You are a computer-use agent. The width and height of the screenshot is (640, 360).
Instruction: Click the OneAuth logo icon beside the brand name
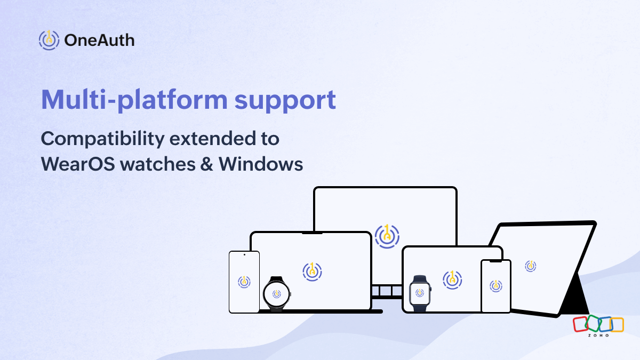49,40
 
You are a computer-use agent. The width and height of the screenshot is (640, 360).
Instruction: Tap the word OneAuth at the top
99,40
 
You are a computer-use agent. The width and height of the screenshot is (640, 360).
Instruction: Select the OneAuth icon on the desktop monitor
387,236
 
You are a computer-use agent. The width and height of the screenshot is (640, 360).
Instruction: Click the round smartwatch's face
277,293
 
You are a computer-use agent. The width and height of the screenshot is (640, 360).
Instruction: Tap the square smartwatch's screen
420,293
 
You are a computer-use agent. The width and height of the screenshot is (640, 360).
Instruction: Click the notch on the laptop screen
311,233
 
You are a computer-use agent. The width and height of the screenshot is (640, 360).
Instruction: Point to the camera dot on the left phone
244,255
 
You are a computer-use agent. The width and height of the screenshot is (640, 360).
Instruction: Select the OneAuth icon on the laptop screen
312,271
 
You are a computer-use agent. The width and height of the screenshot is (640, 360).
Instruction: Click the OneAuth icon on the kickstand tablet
530,266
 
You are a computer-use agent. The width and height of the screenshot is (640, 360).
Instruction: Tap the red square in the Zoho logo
580,323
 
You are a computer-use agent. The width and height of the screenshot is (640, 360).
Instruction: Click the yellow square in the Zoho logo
617,324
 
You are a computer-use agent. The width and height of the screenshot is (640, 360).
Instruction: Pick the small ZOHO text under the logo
598,335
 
